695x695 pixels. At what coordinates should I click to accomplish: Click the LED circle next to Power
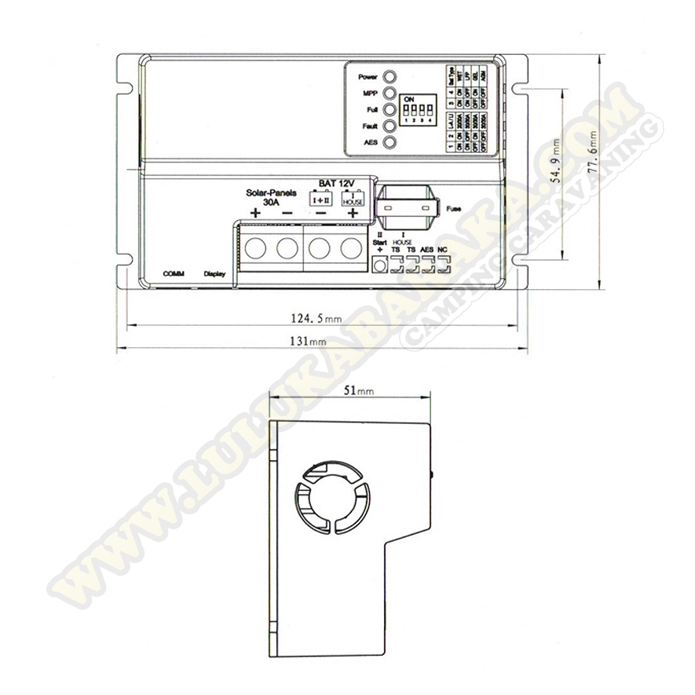pyautogui.click(x=389, y=78)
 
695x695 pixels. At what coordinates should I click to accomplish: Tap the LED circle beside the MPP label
pyautogui.click(x=389, y=93)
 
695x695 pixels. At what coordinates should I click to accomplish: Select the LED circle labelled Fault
pyautogui.click(x=389, y=126)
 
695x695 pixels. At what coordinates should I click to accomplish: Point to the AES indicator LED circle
pyautogui.click(x=389, y=143)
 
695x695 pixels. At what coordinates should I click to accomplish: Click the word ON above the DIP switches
pyautogui.click(x=408, y=100)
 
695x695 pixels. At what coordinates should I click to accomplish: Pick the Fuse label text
pyautogui.click(x=452, y=210)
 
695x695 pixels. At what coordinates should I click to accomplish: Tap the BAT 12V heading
pyautogui.click(x=337, y=182)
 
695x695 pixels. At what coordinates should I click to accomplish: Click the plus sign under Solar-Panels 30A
pyautogui.click(x=255, y=213)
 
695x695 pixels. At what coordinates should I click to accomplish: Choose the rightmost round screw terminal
pyautogui.click(x=351, y=248)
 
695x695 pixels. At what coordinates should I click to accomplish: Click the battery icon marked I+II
pyautogui.click(x=321, y=199)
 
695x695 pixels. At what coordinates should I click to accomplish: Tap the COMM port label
pyautogui.click(x=173, y=274)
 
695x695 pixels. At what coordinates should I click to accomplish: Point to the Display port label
pyautogui.click(x=214, y=274)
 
